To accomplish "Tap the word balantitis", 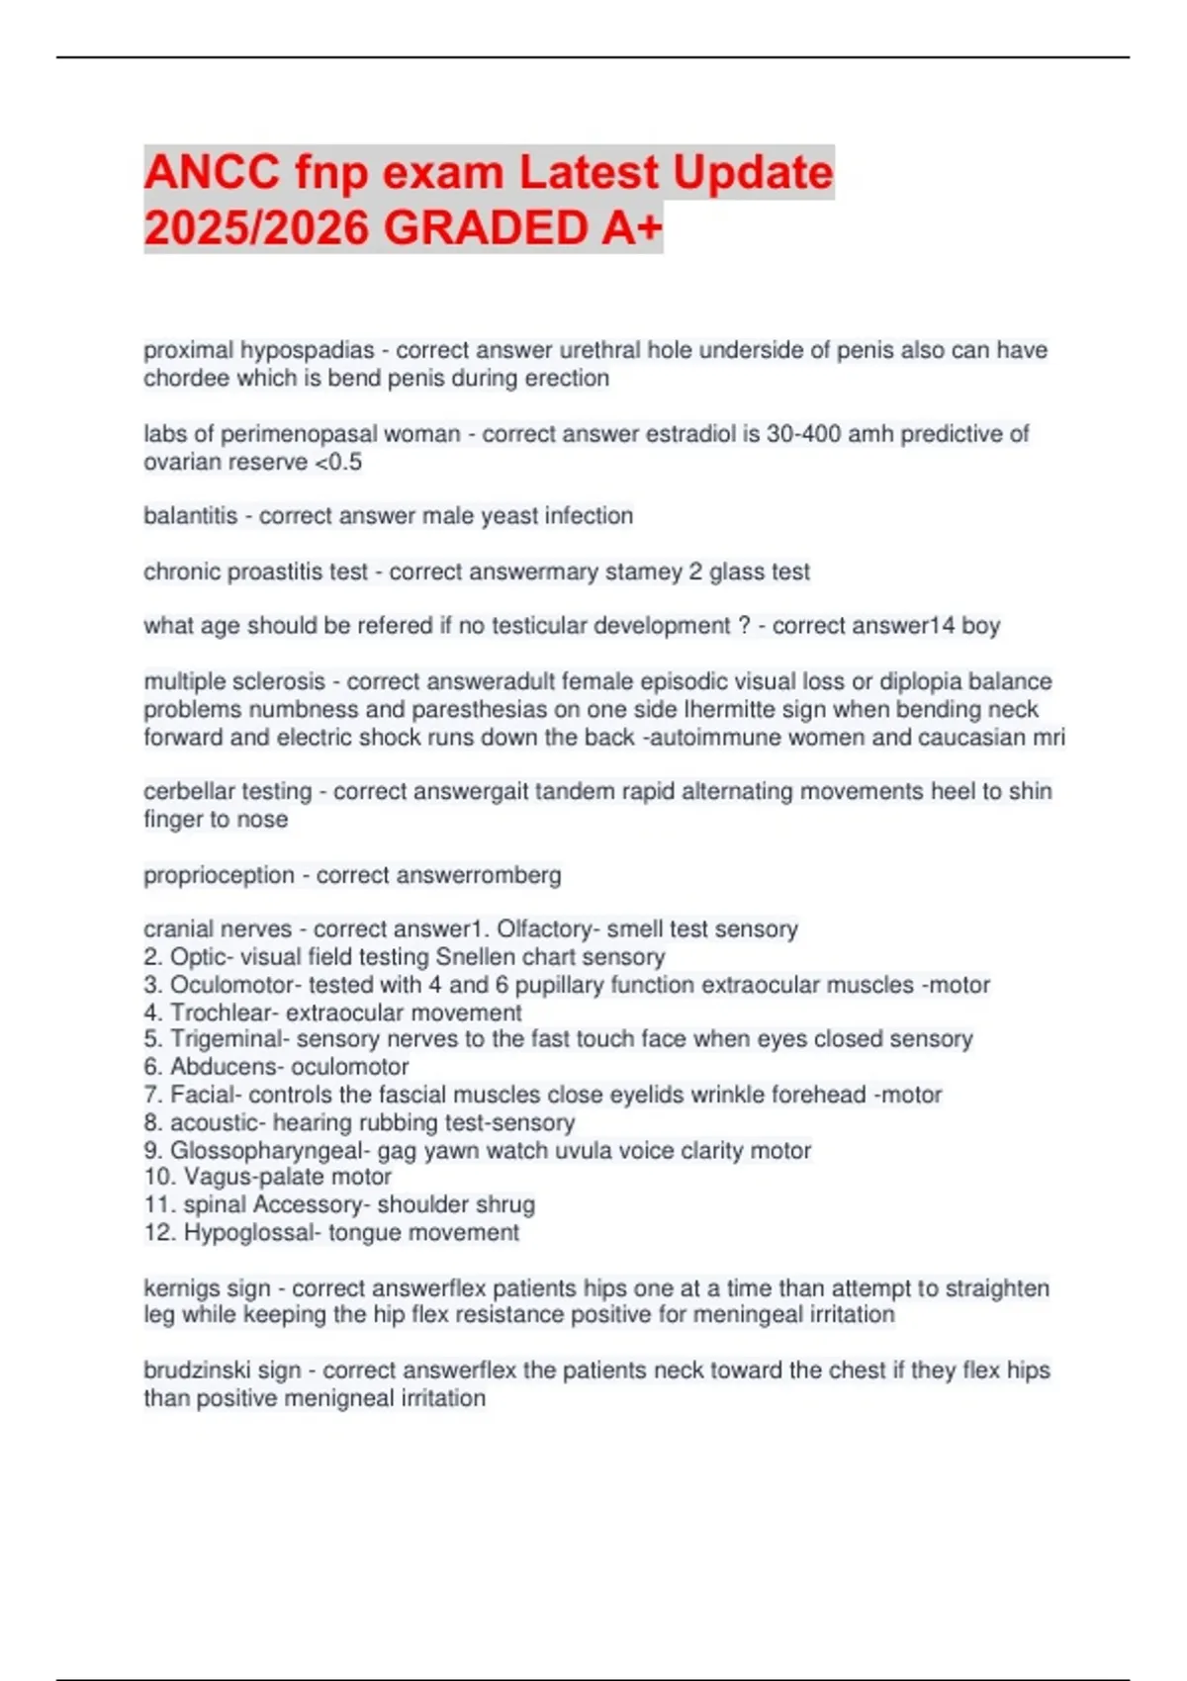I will point(190,516).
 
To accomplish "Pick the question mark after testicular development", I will point(745,626).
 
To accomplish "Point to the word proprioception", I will point(219,876).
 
